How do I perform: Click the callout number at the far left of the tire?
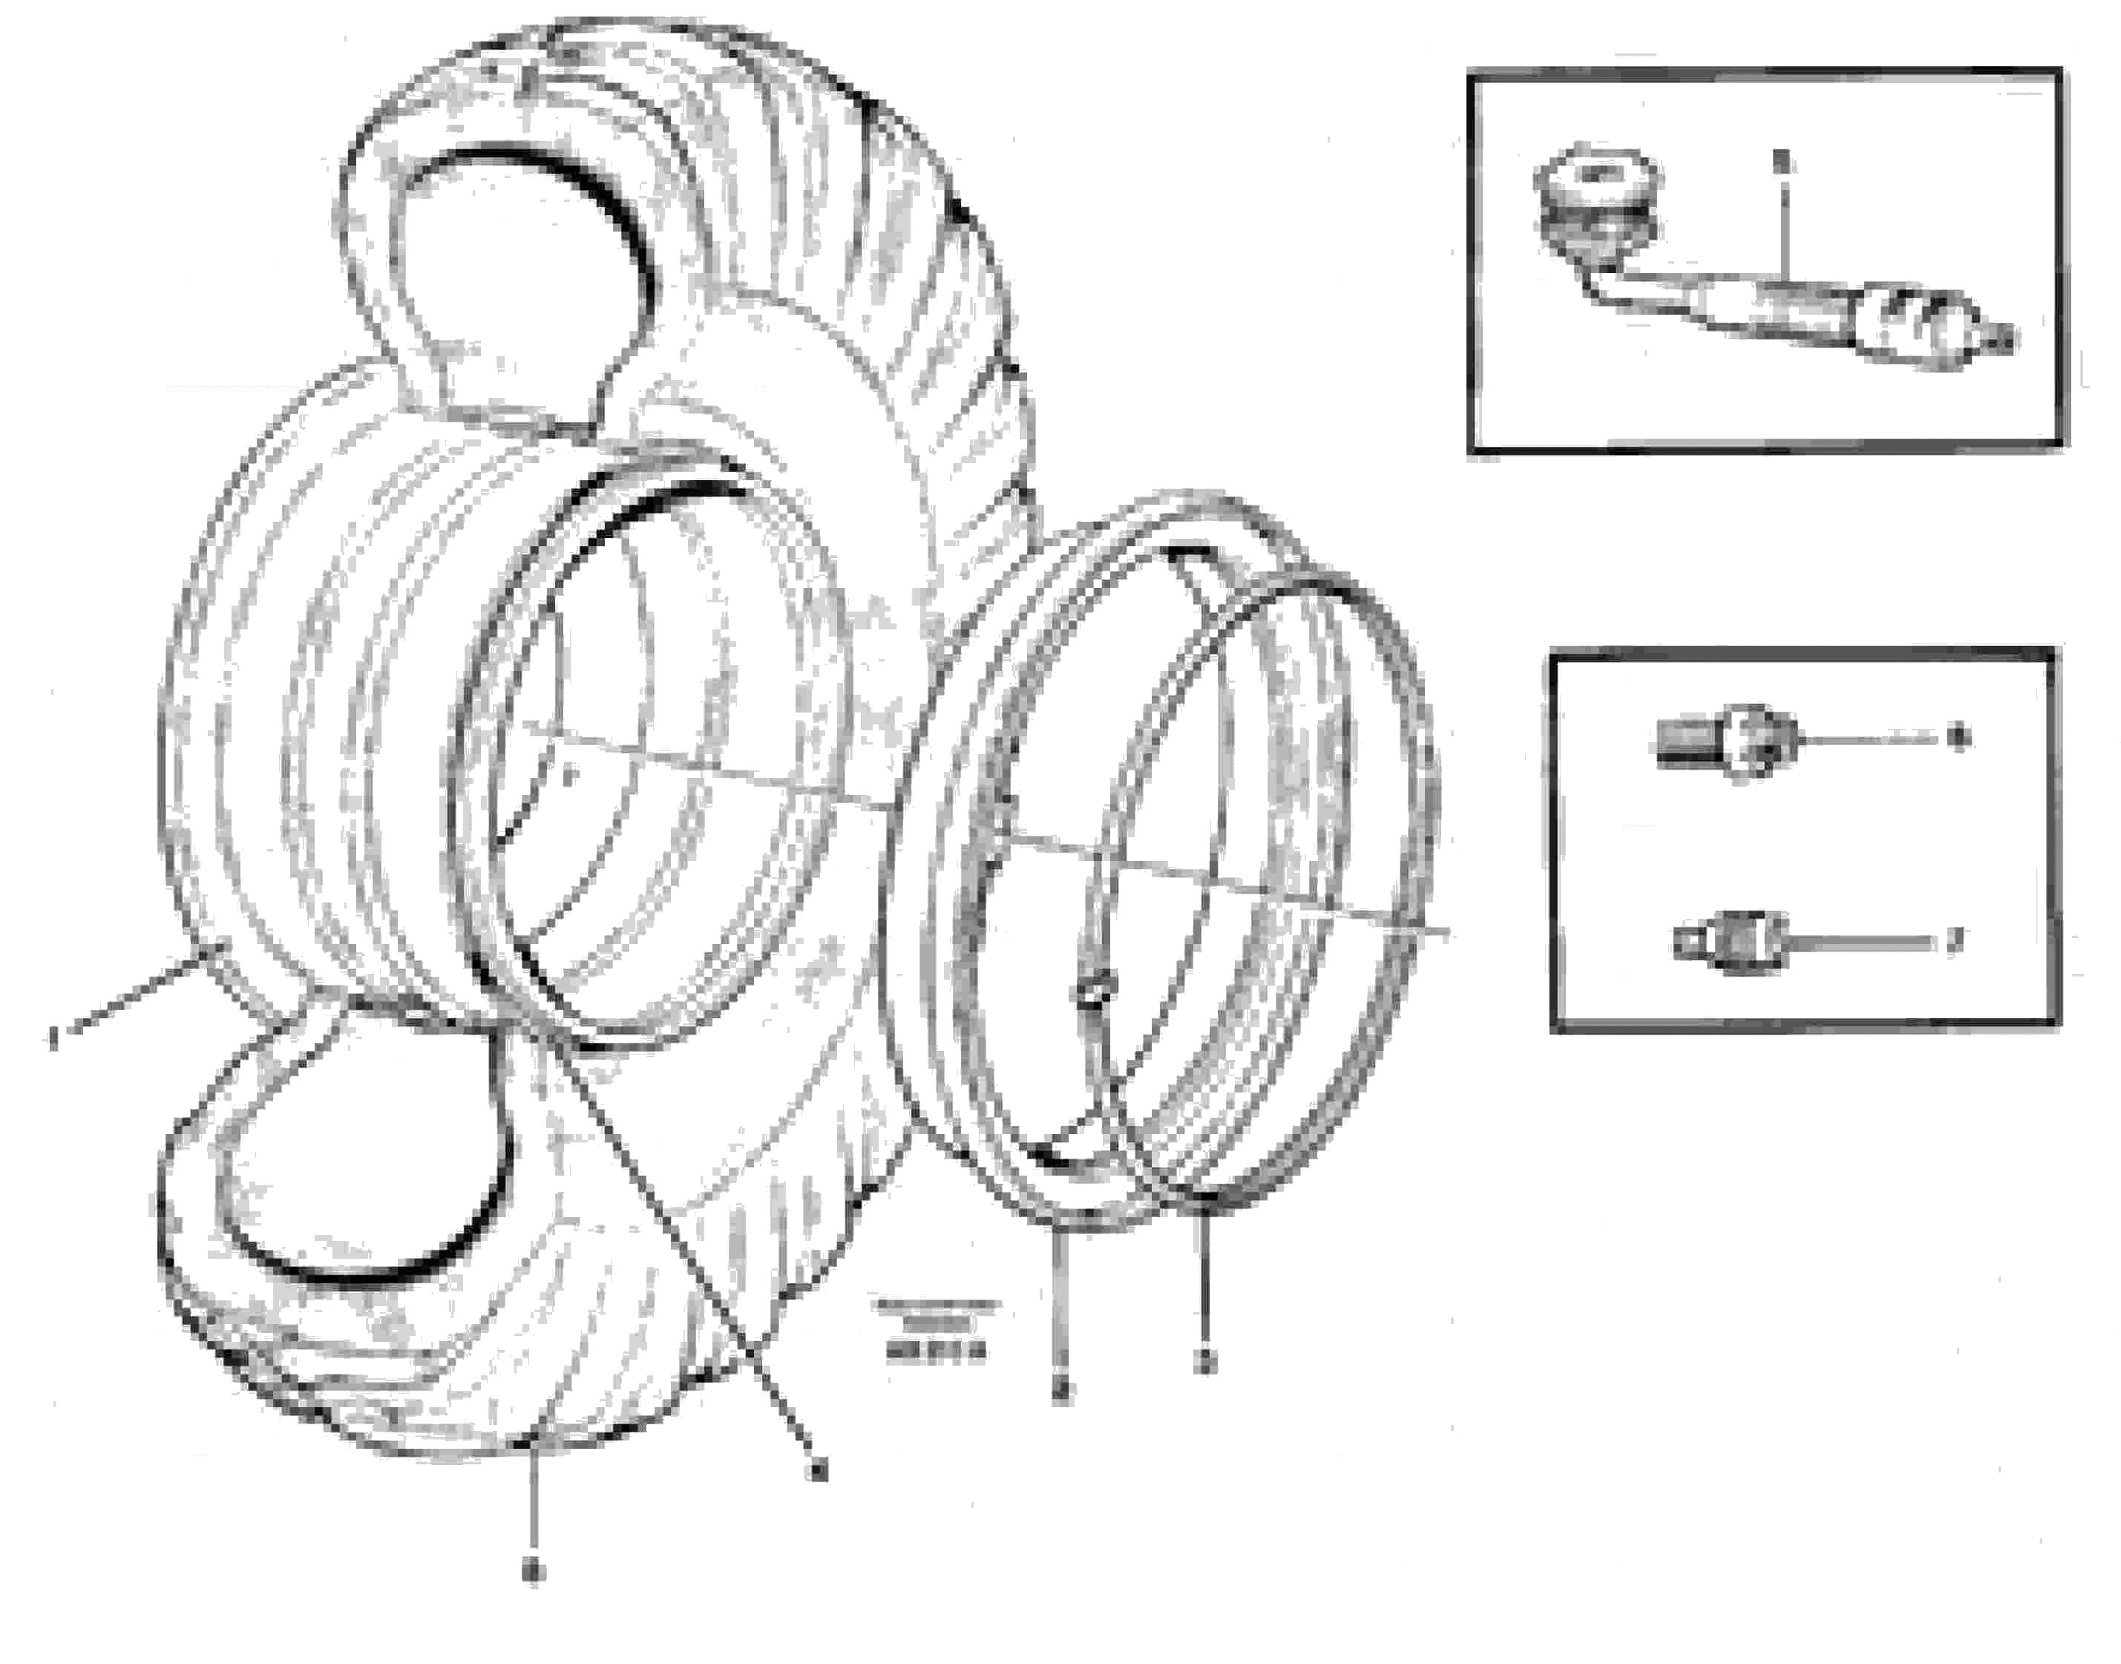point(53,1040)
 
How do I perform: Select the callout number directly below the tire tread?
point(533,1570)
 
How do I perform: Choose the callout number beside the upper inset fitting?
point(1959,738)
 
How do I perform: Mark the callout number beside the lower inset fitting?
point(1953,941)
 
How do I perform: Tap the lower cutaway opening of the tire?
point(361,1169)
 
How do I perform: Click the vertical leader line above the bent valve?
point(1782,234)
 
